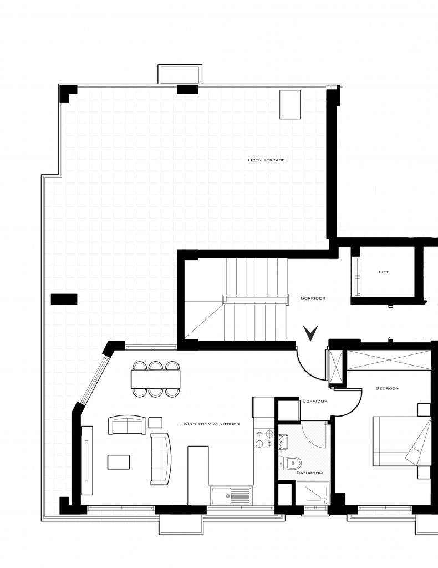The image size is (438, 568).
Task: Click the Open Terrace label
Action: point(266,160)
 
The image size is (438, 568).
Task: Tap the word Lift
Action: point(383,272)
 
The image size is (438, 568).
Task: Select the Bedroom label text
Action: point(387,388)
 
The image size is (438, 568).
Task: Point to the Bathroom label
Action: point(309,473)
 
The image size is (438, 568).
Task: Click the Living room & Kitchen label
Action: point(210,424)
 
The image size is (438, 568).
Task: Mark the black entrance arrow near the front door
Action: point(311,333)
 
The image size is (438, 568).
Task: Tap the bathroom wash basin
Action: point(284,442)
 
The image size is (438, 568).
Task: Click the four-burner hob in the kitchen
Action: point(264,438)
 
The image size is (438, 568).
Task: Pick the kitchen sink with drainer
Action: point(231,494)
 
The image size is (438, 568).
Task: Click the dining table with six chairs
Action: point(156,379)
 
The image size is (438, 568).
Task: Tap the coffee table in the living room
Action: point(119,462)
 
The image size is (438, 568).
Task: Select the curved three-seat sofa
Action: point(161,458)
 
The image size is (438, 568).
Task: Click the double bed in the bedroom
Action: point(400,441)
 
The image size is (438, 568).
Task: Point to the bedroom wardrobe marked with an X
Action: point(388,360)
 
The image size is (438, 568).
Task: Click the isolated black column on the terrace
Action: point(64,300)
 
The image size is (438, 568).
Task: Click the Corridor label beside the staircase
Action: point(313,298)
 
